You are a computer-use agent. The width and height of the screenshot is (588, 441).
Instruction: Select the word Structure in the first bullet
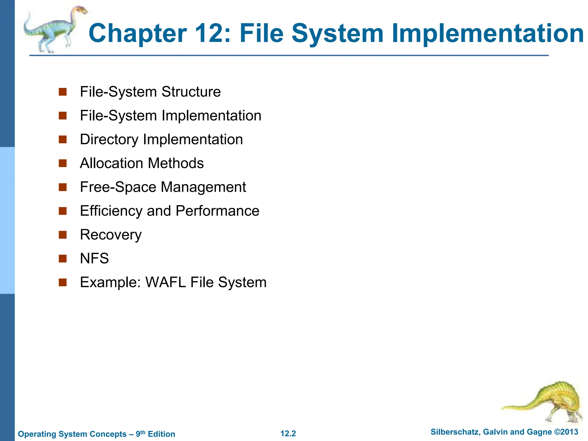coord(191,92)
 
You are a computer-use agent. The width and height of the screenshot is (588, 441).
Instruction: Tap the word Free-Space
coord(118,187)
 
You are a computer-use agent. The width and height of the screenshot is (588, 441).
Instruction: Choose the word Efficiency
coord(111,211)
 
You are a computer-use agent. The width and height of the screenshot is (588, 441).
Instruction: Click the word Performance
coord(217,211)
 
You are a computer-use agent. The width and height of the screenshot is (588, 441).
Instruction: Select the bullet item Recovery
coord(111,235)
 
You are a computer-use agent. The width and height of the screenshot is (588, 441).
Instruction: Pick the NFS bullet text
coord(94,258)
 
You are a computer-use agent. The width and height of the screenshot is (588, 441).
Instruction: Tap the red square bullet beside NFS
coord(63,259)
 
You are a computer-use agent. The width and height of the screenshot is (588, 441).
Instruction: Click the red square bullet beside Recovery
coord(63,235)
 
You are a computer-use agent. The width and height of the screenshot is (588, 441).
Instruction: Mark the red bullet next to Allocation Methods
coord(63,163)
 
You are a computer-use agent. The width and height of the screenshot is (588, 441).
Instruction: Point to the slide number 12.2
coord(288,434)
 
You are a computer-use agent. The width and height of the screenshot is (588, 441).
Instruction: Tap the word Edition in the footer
coord(161,434)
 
